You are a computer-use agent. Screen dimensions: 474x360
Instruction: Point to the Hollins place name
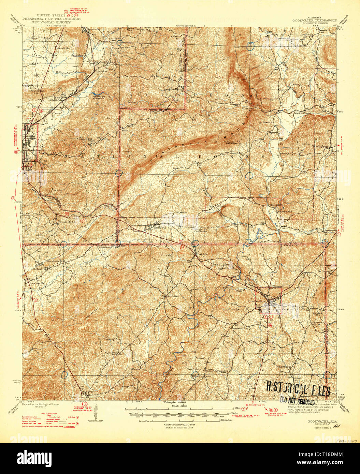pyautogui.click(x=159, y=227)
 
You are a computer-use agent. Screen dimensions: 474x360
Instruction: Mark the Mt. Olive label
pyautogui.click(x=172, y=296)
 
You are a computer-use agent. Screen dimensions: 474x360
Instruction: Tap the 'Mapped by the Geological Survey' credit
pyautogui.click(x=40, y=404)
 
